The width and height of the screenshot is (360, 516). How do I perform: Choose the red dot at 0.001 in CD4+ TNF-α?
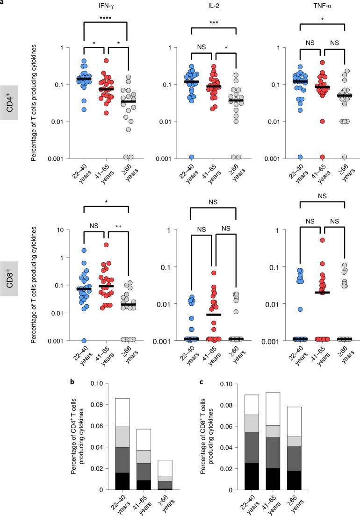click(x=321, y=157)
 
